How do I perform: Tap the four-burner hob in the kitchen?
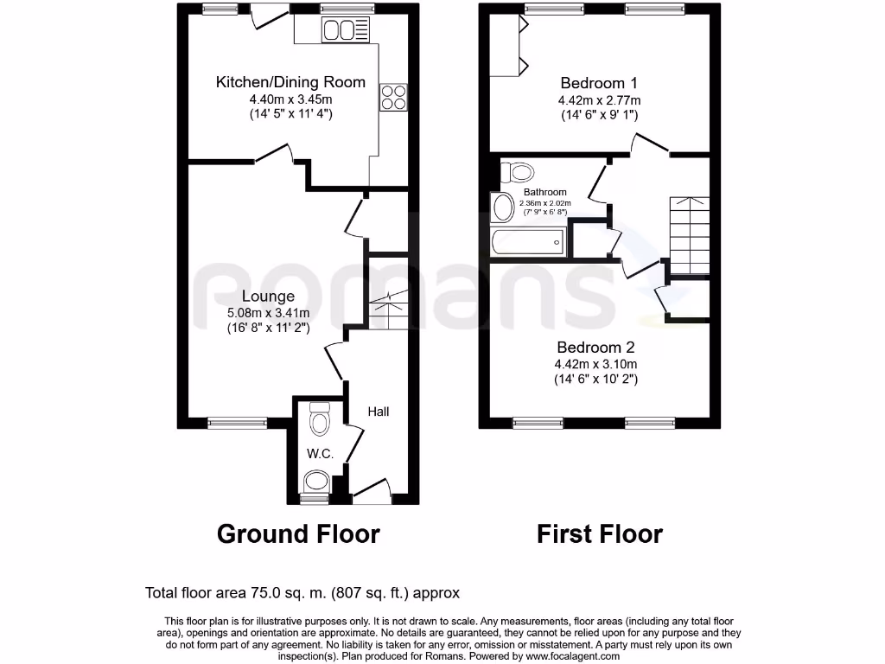pyautogui.click(x=392, y=97)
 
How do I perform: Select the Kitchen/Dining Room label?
pyautogui.click(x=290, y=83)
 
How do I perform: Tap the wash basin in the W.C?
pyautogui.click(x=317, y=481)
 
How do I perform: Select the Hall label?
pyautogui.click(x=378, y=412)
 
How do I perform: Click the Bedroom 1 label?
pyautogui.click(x=599, y=84)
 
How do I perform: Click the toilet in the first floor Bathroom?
pyautogui.click(x=518, y=171)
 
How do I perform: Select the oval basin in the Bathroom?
pyautogui.click(x=502, y=207)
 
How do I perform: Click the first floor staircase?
pyautogui.click(x=690, y=234)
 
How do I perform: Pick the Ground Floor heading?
pyautogui.click(x=298, y=533)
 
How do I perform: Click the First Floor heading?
pyautogui.click(x=599, y=533)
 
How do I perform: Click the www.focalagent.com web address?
pyautogui.click(x=572, y=656)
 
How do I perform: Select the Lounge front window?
pyautogui.click(x=232, y=423)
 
